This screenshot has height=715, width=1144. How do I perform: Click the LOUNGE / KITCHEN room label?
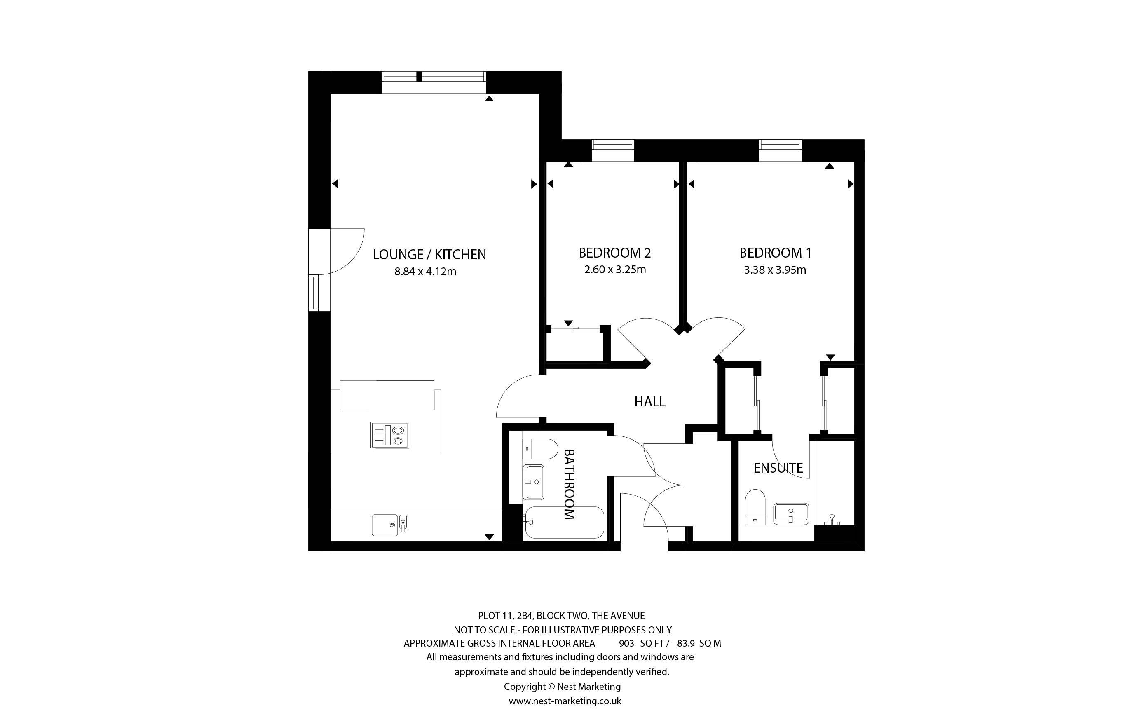point(429,254)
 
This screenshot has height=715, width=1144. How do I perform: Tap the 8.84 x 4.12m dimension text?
point(425,272)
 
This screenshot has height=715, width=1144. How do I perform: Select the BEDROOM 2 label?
point(614,253)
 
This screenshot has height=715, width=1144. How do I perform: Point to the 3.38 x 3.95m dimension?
point(775,270)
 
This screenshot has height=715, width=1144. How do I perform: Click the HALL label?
point(650,401)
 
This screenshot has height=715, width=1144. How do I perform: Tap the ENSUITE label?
point(778,468)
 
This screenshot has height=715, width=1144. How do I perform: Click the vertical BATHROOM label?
point(569,484)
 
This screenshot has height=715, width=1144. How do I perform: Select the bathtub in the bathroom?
point(564,523)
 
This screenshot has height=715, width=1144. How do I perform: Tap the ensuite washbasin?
point(791,513)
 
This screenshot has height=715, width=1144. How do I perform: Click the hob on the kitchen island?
point(389,435)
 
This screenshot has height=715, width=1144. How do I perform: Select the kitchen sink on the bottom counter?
point(389,525)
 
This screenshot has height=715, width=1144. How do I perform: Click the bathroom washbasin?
point(533,482)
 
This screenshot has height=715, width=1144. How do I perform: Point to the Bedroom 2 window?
point(613,150)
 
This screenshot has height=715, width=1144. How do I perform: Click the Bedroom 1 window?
point(781,150)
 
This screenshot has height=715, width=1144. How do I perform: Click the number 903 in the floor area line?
point(626,643)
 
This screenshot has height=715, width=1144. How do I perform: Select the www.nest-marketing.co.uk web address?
point(565,701)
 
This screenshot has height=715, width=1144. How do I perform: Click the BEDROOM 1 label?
point(775,253)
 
